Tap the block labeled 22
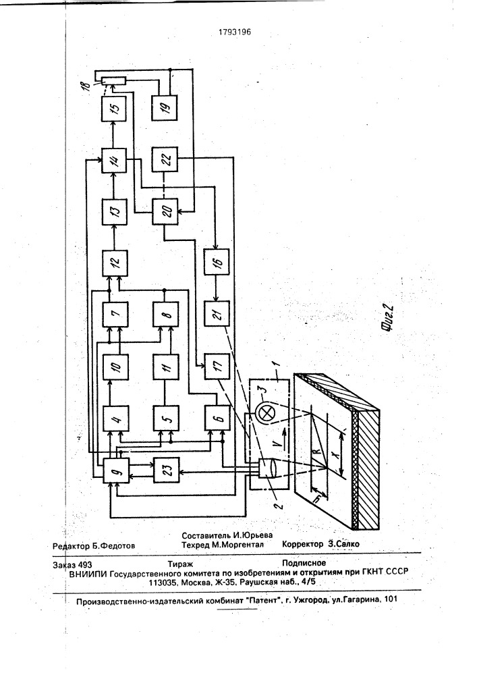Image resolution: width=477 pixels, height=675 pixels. click(166, 160)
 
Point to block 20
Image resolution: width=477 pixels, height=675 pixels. click(166, 211)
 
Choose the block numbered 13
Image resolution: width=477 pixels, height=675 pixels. click(114, 211)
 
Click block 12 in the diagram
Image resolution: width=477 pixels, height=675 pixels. click(115, 263)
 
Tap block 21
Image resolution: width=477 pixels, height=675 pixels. click(217, 314)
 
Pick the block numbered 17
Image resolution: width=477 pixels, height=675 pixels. click(217, 366)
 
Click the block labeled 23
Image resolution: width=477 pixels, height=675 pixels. click(167, 470)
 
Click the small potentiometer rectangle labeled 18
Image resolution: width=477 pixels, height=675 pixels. click(113, 80)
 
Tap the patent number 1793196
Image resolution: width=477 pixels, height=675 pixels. click(235, 32)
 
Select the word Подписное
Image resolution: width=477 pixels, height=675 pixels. click(304, 563)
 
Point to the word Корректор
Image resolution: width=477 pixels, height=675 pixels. click(303, 543)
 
